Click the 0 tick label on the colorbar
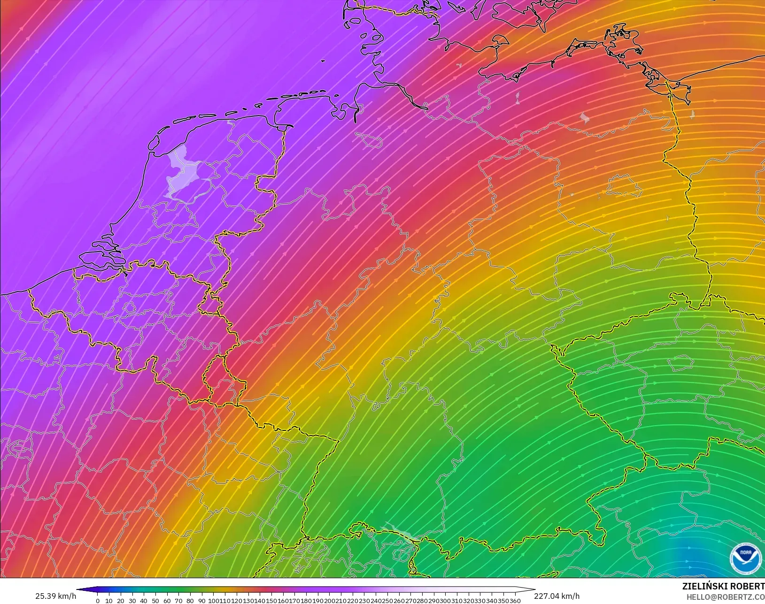98,601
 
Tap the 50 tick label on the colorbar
155,601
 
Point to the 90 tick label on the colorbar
201,601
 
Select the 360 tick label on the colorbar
515,601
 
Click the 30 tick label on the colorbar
132,601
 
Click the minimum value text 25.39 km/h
55,596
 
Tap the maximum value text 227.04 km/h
556,596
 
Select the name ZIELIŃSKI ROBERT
723,587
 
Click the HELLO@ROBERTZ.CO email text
726,597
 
